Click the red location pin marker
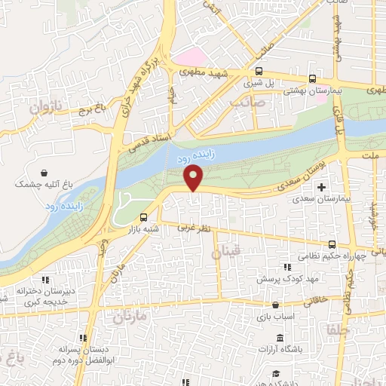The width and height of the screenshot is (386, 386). [195, 178]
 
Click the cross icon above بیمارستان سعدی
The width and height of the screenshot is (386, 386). [323, 187]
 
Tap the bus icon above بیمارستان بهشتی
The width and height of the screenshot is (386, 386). [313, 78]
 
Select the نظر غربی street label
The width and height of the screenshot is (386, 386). [191, 225]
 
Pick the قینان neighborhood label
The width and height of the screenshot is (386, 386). [229, 250]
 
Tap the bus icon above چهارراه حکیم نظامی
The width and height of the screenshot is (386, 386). [332, 244]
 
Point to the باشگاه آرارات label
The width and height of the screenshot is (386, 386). [280, 350]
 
